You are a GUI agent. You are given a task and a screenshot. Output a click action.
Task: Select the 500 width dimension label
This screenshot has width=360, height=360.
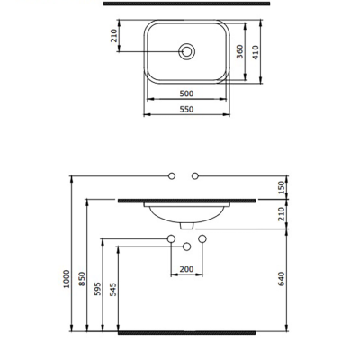point(186,93)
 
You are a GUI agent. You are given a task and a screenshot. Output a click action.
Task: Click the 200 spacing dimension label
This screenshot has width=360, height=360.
point(186,269)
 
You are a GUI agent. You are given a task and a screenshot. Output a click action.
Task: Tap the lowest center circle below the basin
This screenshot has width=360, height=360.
point(186,247)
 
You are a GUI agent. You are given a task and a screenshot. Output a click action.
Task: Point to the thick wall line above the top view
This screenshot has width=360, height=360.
point(186,5)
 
